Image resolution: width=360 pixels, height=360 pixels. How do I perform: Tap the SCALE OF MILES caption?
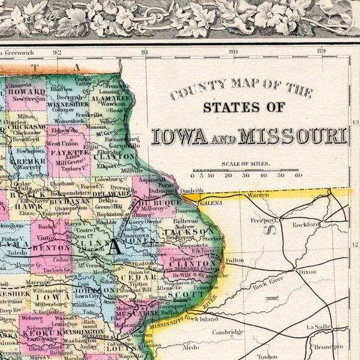(245, 164)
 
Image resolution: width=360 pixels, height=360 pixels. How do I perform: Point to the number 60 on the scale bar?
(298, 176)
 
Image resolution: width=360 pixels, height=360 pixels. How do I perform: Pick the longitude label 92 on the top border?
(57, 52)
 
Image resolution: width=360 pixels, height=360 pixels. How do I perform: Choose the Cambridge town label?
(227, 332)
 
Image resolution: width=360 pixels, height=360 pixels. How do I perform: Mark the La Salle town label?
(318, 327)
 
